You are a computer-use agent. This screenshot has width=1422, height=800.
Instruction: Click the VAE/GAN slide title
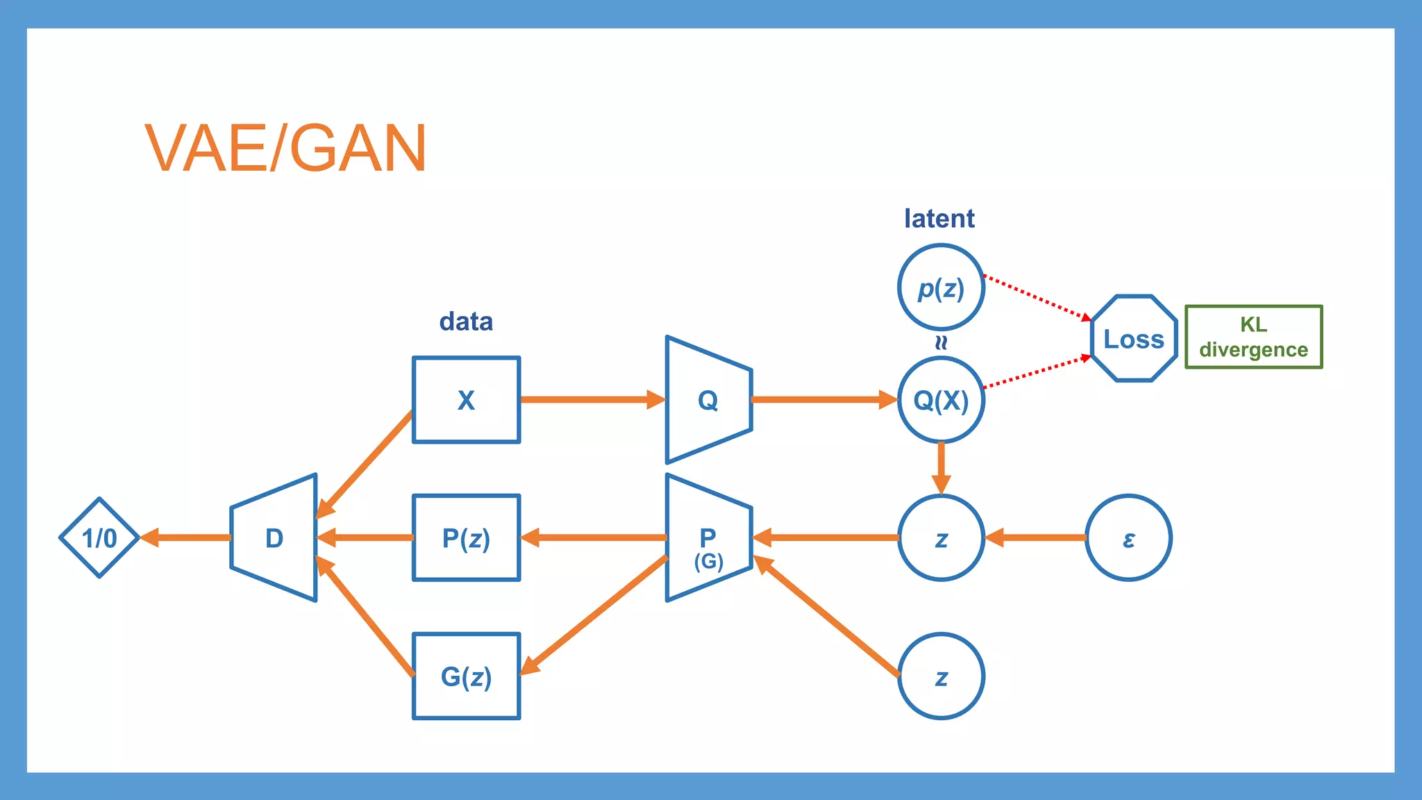click(285, 148)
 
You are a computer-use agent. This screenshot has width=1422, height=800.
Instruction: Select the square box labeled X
click(466, 400)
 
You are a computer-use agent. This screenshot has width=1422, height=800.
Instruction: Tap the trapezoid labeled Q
click(708, 400)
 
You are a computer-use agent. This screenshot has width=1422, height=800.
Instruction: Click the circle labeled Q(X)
click(941, 400)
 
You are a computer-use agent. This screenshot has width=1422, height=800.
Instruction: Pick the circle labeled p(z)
click(941, 287)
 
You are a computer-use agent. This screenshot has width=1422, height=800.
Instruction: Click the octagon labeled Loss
click(1134, 339)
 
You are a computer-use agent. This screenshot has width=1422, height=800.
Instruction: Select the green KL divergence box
click(1253, 337)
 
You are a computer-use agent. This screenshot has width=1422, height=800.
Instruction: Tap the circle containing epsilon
click(1128, 537)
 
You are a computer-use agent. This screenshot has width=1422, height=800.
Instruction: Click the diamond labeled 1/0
click(100, 537)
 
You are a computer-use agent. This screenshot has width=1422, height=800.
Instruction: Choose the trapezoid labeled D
click(274, 537)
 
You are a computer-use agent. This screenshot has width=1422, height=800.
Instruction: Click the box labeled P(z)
click(466, 537)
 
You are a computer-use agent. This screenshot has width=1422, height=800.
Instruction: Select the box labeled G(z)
click(466, 676)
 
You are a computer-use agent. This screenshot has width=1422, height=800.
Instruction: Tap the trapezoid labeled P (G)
click(708, 537)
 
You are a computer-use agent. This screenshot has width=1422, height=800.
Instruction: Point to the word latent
click(939, 219)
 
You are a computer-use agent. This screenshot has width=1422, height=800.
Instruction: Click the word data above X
click(466, 322)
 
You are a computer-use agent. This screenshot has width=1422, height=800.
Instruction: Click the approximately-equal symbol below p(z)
click(941, 342)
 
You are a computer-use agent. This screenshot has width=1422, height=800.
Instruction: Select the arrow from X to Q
click(590, 399)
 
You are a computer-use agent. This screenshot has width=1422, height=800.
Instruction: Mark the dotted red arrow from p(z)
click(1038, 299)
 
